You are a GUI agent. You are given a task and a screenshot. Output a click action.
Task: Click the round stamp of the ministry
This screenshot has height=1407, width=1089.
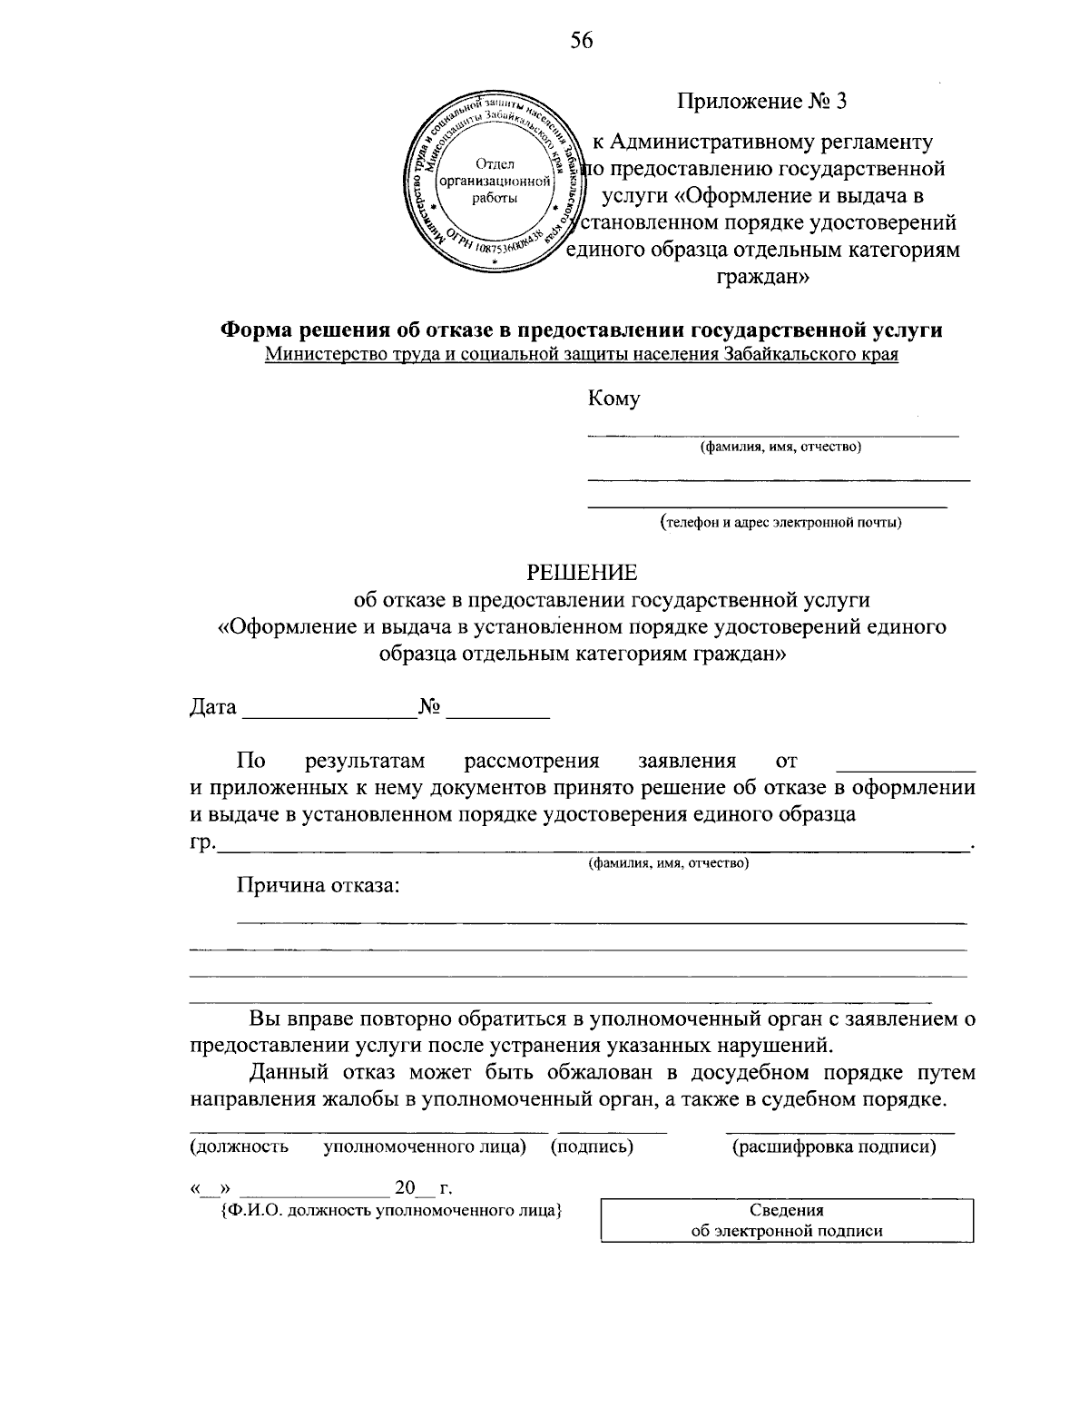tap(495, 181)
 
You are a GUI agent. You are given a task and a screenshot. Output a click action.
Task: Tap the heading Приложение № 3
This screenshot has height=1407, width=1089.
tap(761, 101)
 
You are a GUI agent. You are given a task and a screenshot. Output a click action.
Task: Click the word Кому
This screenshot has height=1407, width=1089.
tap(613, 398)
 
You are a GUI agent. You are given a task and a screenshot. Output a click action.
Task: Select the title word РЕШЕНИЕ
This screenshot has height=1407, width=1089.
tap(583, 573)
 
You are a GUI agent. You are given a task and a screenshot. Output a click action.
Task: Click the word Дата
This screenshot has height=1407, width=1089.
tap(213, 707)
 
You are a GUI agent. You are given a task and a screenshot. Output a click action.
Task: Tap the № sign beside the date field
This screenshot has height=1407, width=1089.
tap(430, 707)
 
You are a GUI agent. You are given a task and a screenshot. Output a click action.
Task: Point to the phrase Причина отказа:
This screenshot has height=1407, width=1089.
tap(318, 885)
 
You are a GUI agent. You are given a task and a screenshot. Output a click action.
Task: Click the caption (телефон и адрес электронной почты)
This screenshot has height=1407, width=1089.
tap(780, 522)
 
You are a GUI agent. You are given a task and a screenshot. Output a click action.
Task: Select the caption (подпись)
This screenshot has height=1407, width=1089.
tap(592, 1146)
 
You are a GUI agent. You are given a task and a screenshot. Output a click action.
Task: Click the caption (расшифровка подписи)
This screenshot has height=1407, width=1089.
tap(834, 1146)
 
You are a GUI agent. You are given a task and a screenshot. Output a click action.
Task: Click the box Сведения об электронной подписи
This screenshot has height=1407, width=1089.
tap(787, 1220)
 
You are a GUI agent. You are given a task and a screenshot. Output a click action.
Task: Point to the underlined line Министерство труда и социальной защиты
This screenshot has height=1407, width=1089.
tap(582, 354)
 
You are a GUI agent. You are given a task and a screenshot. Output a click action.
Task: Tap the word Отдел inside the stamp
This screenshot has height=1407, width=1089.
tap(495, 163)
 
